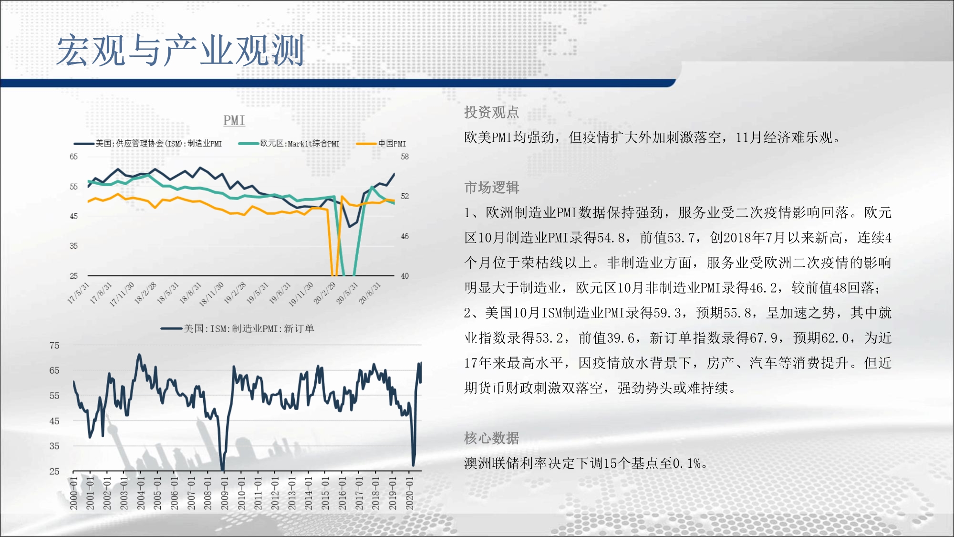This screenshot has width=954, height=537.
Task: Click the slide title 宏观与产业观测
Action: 180,50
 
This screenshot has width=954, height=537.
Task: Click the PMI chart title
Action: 234,120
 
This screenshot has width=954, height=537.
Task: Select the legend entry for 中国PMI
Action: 381,143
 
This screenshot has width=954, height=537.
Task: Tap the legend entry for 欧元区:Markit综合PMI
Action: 289,143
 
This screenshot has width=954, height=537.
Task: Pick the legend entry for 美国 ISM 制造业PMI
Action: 148,143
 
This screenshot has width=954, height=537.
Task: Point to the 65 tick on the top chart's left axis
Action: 73,157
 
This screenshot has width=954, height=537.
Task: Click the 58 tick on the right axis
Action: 404,157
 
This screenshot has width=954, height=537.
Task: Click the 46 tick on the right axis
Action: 404,236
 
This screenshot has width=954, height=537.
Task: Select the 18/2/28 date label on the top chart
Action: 145,293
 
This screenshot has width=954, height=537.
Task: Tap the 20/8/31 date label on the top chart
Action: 370,293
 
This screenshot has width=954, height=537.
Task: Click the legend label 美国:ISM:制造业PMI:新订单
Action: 249,328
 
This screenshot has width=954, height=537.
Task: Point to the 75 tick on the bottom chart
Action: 54,345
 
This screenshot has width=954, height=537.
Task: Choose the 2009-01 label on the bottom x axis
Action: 225,493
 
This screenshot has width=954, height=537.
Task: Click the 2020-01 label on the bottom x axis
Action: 409,493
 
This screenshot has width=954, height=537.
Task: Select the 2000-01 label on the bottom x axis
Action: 73,493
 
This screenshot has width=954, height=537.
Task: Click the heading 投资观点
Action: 491,112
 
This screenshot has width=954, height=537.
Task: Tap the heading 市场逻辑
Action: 491,187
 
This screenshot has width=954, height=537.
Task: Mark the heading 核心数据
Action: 491,438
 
